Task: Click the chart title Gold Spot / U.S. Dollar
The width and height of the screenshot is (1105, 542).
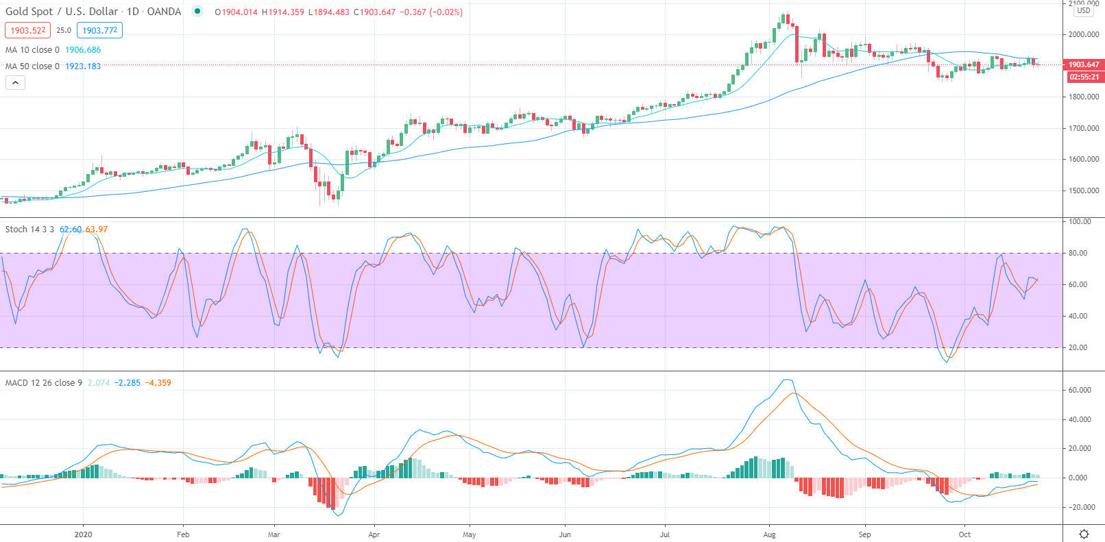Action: pos(62,12)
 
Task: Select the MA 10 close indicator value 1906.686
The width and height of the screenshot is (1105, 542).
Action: pos(83,50)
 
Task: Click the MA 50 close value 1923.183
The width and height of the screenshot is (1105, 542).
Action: pos(83,66)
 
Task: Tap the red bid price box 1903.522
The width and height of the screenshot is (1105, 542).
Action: pos(27,30)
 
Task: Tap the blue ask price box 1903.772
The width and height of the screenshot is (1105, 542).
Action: pos(99,30)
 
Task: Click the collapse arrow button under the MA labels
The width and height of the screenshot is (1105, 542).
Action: pos(15,83)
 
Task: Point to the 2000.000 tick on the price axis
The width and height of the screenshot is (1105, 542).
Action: pos(1084,34)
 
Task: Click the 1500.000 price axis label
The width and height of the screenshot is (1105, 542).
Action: pos(1084,190)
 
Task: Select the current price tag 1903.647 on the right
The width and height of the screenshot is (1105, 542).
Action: pos(1083,64)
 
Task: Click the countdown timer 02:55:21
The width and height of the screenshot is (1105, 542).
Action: pos(1084,77)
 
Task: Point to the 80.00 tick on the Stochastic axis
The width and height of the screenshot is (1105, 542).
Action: pos(1078,253)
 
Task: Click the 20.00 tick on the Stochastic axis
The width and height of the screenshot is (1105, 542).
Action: pos(1078,347)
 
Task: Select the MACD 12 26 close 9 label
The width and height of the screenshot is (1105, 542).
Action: pos(43,383)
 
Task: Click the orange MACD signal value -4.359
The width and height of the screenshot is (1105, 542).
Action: pos(160,383)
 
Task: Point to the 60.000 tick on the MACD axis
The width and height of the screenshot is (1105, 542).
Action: pos(1080,390)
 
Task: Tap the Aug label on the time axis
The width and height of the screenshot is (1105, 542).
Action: pos(769,534)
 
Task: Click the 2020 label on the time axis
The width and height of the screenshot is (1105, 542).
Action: pos(83,534)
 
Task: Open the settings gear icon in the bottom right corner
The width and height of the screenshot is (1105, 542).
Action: pos(1084,534)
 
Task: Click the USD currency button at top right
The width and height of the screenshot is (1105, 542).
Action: pos(1084,10)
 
